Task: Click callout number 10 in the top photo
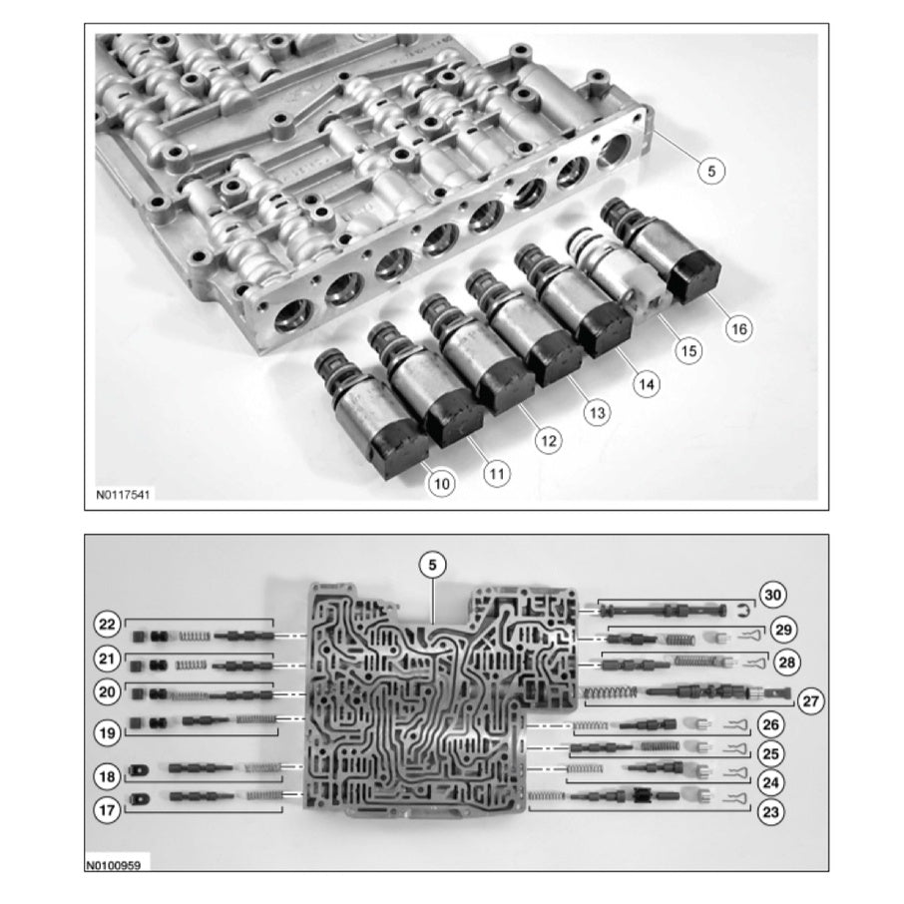(441, 483)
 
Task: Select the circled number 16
(738, 328)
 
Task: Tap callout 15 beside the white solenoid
(688, 350)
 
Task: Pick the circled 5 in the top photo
(710, 171)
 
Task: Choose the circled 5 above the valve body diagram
(432, 565)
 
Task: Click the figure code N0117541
(123, 495)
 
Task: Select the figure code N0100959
(113, 865)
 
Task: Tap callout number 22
(107, 625)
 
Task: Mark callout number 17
(107, 810)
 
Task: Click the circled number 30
(772, 595)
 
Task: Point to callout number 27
(810, 701)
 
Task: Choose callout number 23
(770, 812)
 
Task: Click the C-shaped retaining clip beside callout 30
(744, 609)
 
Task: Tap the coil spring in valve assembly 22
(195, 637)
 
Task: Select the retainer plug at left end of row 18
(139, 770)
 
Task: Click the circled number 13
(597, 413)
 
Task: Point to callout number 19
(107, 732)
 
